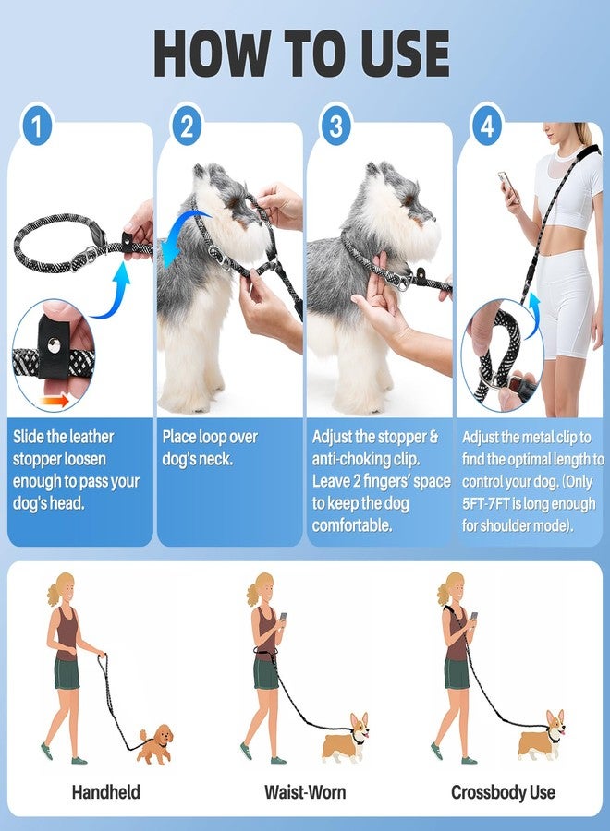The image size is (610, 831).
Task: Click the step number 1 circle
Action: point(36,126)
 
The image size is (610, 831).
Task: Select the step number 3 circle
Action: point(335,126)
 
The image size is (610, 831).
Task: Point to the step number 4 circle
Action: point(486,126)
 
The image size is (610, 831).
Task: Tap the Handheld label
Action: point(105,792)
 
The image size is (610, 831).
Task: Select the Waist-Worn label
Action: point(304,792)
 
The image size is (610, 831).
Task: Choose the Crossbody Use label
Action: point(504,792)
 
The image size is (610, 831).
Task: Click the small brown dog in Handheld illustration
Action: point(155,742)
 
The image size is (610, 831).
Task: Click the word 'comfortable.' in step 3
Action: point(352,526)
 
